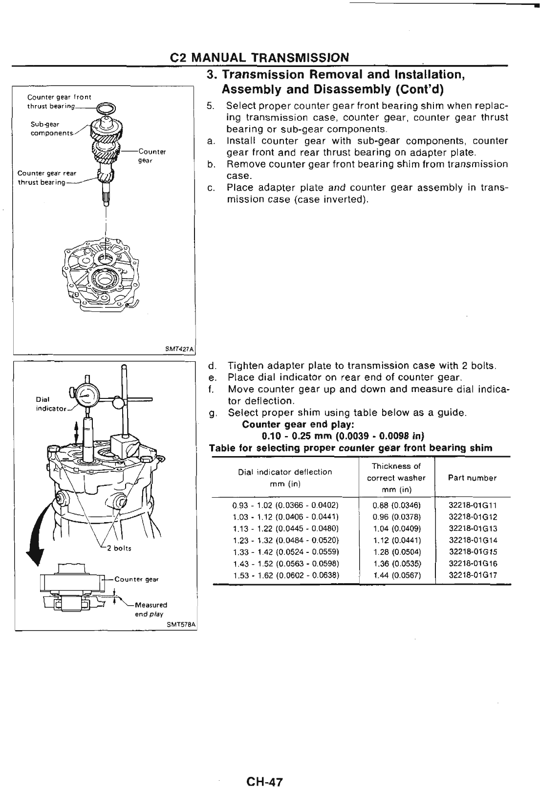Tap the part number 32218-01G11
click(473, 505)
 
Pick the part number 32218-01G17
click(473, 575)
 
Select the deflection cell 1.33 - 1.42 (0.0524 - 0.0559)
click(286, 552)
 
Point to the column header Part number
click(472, 478)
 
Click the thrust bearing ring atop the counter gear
click(105, 109)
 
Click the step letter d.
click(212, 366)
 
